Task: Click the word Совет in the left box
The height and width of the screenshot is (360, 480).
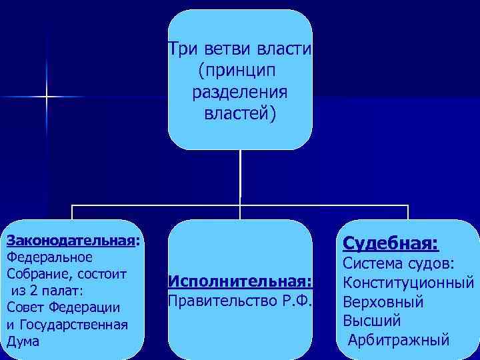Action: tap(24, 307)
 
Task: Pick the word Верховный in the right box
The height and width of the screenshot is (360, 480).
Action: tap(383, 302)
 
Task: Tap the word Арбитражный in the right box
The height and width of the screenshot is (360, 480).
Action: tap(399, 341)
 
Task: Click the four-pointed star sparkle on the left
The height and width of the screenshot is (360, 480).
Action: tap(47, 97)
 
